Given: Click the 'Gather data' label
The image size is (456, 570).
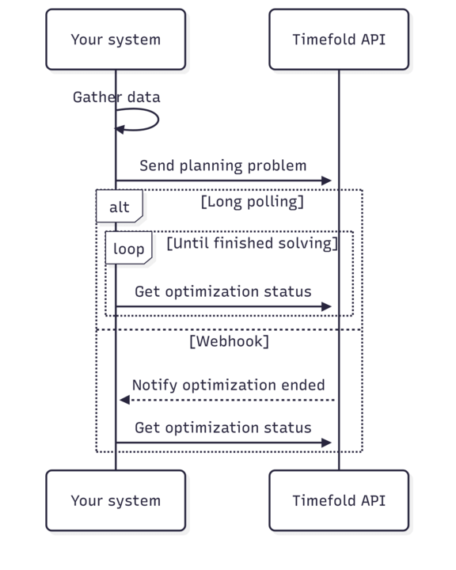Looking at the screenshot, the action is point(116,97).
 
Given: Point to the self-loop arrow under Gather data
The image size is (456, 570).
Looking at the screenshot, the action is point(158,120).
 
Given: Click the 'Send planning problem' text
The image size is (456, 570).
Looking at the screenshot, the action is point(223,165).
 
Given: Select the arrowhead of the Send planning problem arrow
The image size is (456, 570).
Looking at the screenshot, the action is point(326,180).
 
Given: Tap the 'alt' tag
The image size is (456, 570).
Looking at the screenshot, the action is point(120,206).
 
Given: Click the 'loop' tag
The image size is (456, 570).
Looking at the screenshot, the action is point(129,248).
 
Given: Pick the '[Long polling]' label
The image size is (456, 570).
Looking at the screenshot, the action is point(253,202).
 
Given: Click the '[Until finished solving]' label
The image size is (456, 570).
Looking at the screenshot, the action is point(253,243).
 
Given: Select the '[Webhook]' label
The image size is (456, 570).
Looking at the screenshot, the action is point(229,341).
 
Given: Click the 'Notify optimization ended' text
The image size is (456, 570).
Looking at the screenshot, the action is point(228,385).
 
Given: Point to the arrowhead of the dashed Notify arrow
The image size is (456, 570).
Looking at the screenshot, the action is point(125,400).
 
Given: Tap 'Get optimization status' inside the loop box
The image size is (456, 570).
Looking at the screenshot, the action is point(223,291).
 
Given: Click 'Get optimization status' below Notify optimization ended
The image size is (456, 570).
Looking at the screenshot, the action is point(223,427).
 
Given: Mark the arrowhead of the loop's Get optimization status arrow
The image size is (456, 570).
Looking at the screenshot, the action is point(326,306).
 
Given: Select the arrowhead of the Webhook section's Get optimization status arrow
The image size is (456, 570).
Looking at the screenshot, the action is point(326,443).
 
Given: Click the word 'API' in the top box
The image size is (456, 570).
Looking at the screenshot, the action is point(373,40).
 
